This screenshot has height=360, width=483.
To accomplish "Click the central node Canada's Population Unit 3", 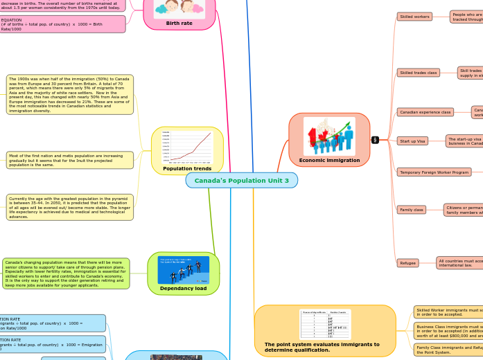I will point(241,181).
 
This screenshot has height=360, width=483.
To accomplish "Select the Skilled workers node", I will point(414,17).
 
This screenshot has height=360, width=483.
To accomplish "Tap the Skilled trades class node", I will point(418,73).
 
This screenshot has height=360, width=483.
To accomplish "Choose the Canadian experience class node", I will point(425,112).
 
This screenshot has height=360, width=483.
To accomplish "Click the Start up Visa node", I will point(412,141).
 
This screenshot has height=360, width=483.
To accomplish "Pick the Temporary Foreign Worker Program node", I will point(434,172).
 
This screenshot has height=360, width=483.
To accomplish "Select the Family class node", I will point(412,209).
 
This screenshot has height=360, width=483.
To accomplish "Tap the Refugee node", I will point(407,263).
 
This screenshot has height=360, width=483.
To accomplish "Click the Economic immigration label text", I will point(329,160).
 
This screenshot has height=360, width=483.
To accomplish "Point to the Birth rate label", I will point(179,23).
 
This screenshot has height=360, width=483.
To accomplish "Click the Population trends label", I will point(187,168).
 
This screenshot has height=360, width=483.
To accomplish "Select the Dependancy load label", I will point(183,288).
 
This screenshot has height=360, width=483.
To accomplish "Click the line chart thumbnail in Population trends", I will point(187,147).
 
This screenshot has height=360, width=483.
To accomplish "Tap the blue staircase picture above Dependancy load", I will point(183,270).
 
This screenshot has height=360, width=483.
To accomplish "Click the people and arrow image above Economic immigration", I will point(329,136).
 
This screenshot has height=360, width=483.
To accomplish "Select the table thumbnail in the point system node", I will point(324,324).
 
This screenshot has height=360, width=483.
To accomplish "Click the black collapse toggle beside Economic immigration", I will point(375,140).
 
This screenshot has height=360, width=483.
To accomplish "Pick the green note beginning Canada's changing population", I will point(66,273).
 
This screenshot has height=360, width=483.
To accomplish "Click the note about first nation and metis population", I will point(69,160).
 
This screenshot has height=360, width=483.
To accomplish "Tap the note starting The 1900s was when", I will point(69,94).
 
